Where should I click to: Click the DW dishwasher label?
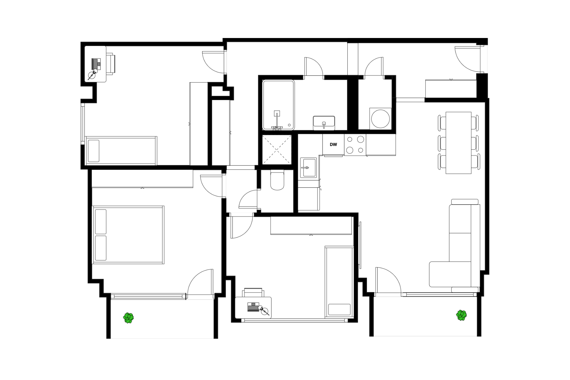pos(333,145)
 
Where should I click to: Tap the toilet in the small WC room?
pos(277,180)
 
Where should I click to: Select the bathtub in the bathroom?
pos(278,105)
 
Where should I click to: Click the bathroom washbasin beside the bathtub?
pos(324,123)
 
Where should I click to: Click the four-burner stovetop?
pos(355,145)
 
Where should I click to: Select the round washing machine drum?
pos(380,119)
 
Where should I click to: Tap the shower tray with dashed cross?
pos(277,149)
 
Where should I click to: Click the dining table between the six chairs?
pos(458,143)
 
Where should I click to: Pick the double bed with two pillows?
pos(128,235)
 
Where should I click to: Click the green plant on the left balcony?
pos(129,318)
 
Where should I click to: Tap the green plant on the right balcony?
pos(461,315)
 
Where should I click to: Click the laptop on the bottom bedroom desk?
pos(253,307)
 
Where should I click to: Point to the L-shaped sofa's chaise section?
pos(450,274)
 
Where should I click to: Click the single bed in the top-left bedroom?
pos(121,151)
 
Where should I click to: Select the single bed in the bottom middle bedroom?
pos(339,282)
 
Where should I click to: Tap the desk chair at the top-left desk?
pos(110,64)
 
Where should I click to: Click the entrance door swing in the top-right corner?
pos(468,59)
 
